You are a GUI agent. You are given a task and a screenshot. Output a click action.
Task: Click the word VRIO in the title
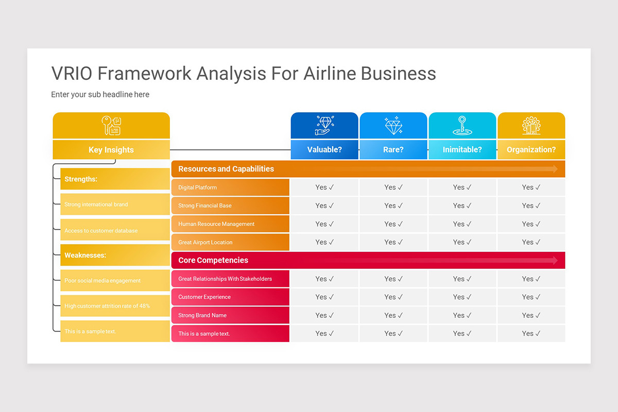click(72, 74)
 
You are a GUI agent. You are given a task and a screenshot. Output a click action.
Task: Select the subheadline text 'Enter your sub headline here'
click(100, 95)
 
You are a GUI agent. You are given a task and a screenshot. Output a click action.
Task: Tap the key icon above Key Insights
click(111, 126)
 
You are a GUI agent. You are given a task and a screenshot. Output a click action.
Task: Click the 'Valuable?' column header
click(324, 150)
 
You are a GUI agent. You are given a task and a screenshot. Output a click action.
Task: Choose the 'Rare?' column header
click(393, 150)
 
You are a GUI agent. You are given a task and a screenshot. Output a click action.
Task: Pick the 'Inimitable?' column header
click(462, 150)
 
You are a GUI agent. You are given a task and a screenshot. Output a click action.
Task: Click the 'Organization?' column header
click(531, 150)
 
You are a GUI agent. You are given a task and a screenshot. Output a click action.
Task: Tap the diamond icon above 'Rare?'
click(393, 126)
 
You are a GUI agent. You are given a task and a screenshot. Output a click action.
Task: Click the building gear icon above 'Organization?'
click(531, 126)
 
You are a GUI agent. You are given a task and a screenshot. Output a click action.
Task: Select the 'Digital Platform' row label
click(198, 187)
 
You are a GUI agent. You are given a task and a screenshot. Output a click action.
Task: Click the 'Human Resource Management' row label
click(216, 224)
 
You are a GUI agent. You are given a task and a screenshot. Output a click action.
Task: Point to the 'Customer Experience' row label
click(204, 297)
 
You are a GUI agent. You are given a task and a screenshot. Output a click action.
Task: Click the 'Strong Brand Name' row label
click(202, 315)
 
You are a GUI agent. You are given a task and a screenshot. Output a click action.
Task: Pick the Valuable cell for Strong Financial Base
click(324, 205)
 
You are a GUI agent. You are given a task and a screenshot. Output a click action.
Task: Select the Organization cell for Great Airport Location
click(531, 242)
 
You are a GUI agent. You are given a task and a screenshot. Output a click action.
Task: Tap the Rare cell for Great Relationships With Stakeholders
click(393, 279)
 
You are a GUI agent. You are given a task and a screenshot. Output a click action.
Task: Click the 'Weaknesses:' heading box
click(114, 255)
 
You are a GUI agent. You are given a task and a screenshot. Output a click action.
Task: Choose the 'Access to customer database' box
click(114, 230)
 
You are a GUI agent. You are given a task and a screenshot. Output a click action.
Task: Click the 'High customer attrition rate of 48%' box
click(114, 306)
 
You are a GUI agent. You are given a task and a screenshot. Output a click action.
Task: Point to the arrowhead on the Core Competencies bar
click(555, 261)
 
